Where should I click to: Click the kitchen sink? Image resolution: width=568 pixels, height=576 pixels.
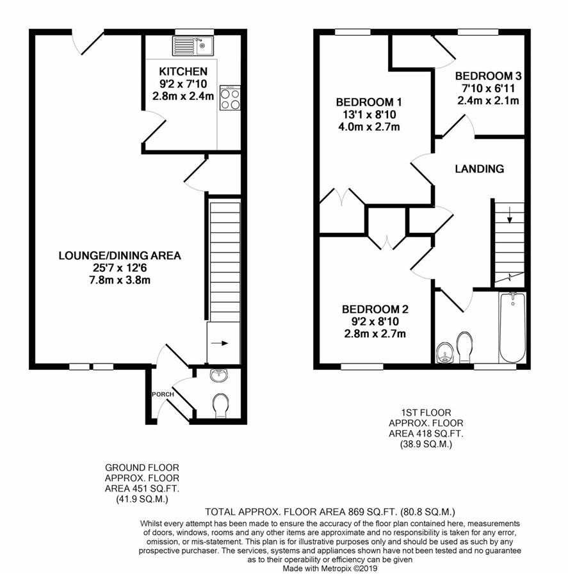tap(193, 46)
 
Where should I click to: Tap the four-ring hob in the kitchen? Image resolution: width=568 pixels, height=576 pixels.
tap(230, 98)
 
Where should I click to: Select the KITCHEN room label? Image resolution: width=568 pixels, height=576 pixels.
tap(183, 71)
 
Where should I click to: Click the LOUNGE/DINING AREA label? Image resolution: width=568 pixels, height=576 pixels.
tap(120, 255)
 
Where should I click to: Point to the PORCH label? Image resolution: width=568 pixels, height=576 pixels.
tap(163, 394)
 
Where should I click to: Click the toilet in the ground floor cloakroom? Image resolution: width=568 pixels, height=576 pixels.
tap(220, 406)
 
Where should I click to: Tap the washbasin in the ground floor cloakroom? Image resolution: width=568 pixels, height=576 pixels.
tap(220, 375)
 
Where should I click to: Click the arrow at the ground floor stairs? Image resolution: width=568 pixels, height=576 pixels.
tap(220, 343)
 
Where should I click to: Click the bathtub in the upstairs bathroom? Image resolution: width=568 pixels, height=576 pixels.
tap(512, 328)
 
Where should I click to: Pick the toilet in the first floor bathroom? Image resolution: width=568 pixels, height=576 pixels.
tap(465, 347)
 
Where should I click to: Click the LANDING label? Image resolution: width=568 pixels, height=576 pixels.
tap(480, 169)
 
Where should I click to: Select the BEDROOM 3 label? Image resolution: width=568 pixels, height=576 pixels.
tap(488, 76)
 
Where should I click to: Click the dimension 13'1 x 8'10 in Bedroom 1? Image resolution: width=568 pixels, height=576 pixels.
tap(369, 115)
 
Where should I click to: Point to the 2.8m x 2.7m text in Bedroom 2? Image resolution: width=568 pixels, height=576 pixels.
tap(375, 334)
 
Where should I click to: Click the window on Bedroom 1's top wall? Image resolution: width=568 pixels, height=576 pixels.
tap(353, 33)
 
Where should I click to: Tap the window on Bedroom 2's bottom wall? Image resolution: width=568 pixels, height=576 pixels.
tap(362, 366)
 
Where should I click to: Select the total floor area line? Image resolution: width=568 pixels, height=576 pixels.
tap(330, 511)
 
